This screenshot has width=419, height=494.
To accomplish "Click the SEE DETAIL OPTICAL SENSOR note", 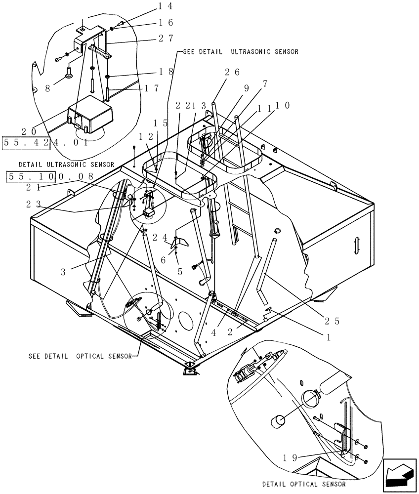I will pos(80,356).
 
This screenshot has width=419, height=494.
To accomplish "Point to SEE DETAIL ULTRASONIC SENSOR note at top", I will pos(240,51).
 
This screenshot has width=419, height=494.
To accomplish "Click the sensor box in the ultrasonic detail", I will pos(90,117).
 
